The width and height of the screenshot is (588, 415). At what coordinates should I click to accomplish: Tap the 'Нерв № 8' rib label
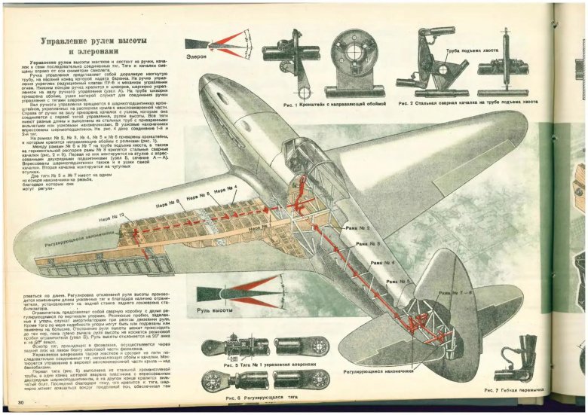pyautogui.click(x=167, y=201)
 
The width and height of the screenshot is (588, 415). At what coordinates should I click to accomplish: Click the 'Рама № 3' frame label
pyautogui.click(x=368, y=244)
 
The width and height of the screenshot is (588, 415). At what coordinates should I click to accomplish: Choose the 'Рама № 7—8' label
pyautogui.click(x=454, y=292)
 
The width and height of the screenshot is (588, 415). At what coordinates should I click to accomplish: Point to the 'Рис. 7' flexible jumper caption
pyautogui.click(x=520, y=389)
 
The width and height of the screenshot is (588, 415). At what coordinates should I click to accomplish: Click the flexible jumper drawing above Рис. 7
pyautogui.click(x=527, y=354)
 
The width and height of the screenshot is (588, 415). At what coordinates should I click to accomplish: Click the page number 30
pyautogui.click(x=21, y=404)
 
